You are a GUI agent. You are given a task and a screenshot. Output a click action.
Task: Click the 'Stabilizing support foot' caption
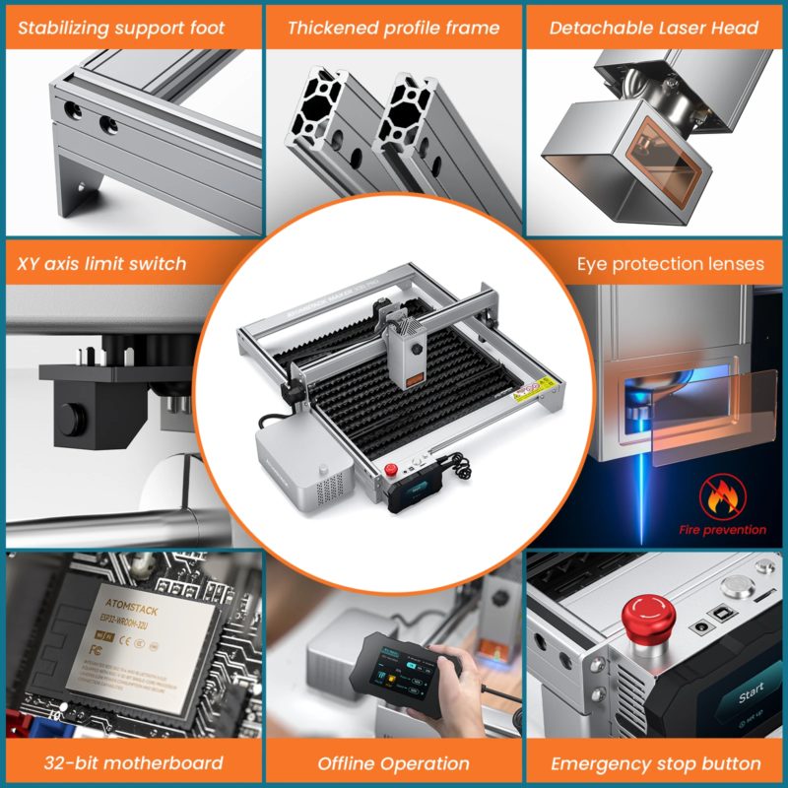(x=121, y=28)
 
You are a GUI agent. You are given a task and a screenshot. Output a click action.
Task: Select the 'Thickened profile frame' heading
(x=394, y=28)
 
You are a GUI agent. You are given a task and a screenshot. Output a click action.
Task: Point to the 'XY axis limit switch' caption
(x=101, y=263)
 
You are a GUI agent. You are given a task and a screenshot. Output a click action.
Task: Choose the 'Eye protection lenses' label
(x=671, y=263)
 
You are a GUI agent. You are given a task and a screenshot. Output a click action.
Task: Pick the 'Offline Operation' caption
(x=394, y=762)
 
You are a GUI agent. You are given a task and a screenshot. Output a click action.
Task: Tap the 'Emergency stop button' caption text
(x=656, y=762)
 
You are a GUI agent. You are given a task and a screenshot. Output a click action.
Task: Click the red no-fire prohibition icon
(x=722, y=496)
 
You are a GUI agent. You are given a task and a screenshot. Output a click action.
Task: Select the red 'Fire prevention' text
(x=722, y=530)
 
